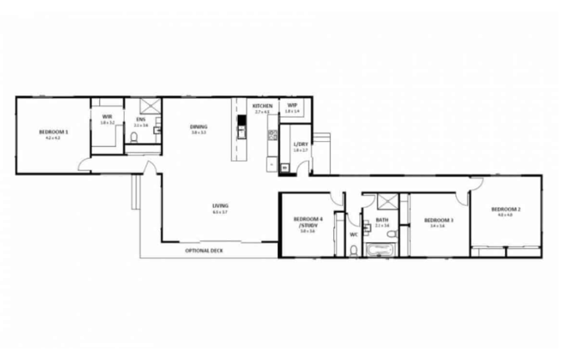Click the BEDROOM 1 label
[53, 131]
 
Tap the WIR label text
[107, 117]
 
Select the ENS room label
[140, 120]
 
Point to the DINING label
[199, 127]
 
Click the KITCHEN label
[262, 106]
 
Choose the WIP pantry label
[292, 106]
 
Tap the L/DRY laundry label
[301, 145]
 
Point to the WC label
[354, 235]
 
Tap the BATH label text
[382, 221]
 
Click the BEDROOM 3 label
[439, 221]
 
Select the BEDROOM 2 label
[509, 209]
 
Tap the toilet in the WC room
[354, 250]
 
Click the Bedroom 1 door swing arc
[86, 166]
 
